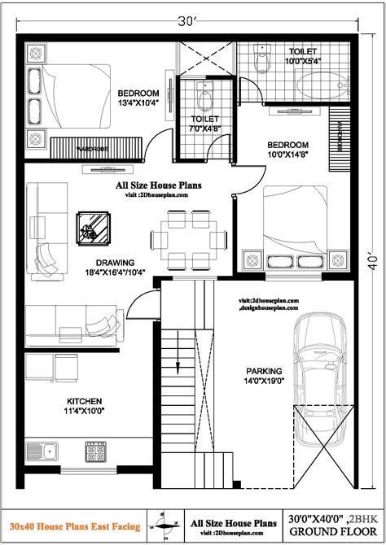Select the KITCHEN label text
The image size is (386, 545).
tap(85, 401)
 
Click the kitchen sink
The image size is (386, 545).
tap(41, 450)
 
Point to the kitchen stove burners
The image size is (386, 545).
tap(96, 449)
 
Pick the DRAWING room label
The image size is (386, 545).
tap(115, 262)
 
